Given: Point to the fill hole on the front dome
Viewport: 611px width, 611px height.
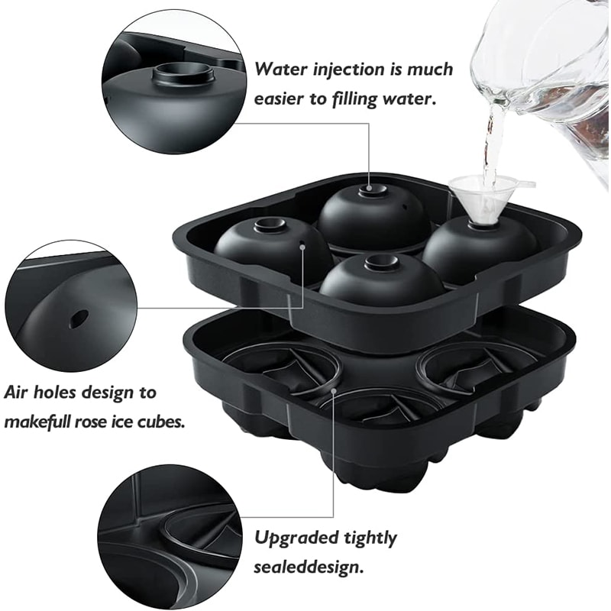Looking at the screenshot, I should click(380, 263).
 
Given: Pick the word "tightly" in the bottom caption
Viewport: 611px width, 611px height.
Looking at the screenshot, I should click(366, 538).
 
